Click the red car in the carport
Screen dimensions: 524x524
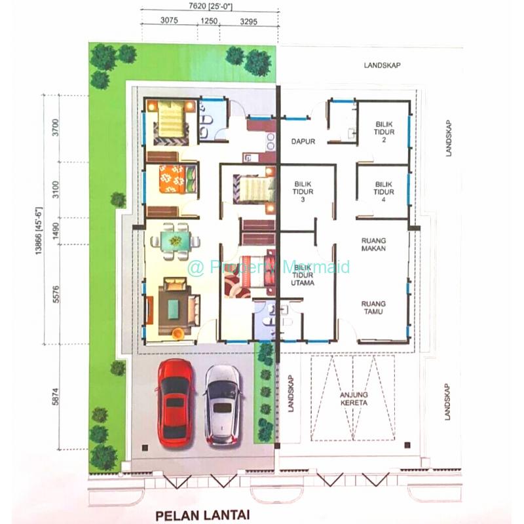175,403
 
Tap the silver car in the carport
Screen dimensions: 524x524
223,405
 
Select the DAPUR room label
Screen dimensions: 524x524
303,141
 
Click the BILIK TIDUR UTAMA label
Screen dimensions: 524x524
303,275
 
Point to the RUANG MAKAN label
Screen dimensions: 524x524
373,244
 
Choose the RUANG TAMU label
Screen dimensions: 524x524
373,307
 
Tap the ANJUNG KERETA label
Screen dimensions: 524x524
354,399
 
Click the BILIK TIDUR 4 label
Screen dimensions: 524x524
384,192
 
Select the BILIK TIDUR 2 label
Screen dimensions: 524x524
384,132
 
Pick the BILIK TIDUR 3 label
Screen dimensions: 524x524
303,192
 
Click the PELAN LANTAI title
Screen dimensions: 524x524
203,515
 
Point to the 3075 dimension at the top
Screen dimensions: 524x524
169,20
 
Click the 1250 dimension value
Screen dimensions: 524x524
209,21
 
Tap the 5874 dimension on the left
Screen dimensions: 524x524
56,397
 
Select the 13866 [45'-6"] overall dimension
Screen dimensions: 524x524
39,231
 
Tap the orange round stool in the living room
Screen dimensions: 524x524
178,334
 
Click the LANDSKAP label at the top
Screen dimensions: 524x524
382,65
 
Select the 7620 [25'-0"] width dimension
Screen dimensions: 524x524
210,6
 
